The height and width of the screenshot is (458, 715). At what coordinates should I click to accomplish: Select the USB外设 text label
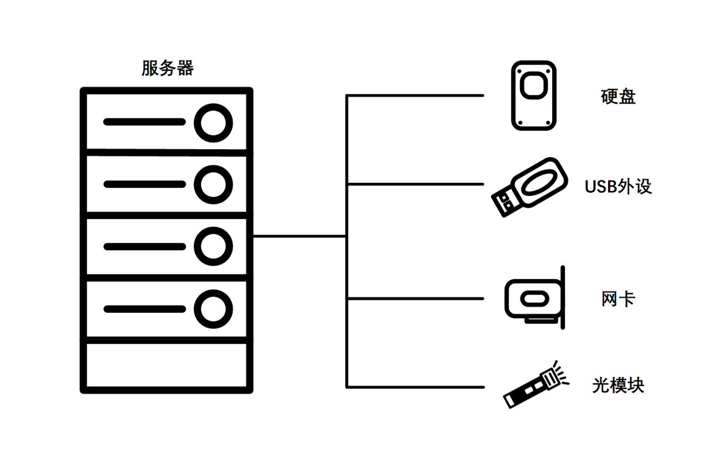coord(618,186)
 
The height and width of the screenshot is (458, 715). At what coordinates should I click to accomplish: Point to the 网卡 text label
coord(618,299)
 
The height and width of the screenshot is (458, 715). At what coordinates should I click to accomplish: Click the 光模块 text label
coord(618,385)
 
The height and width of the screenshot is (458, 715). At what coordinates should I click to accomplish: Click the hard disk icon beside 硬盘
coord(533,95)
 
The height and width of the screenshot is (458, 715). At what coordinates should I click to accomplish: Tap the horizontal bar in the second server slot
coord(144,184)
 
